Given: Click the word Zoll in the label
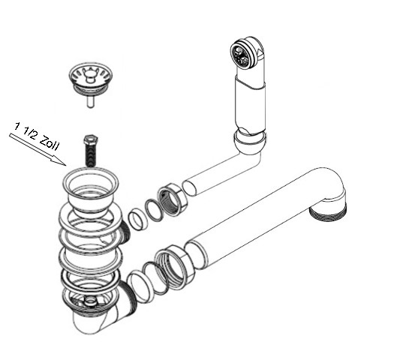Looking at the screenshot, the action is click(50, 143).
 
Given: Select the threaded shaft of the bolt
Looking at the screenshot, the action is click(90, 154).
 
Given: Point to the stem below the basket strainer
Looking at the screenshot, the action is click(90, 102).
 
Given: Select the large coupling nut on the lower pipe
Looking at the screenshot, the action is click(175, 268).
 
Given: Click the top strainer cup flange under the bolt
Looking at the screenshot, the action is click(90, 181).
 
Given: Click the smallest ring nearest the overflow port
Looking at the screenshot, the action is click(138, 220).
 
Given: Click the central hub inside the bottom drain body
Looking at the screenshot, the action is click(90, 301).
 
